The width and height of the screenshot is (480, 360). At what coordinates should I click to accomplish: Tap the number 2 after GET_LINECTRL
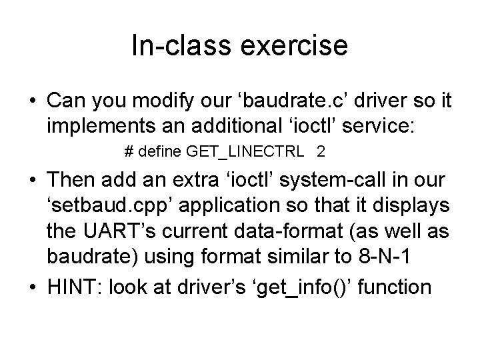(x=321, y=152)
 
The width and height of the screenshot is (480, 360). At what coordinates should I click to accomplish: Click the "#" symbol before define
(x=129, y=152)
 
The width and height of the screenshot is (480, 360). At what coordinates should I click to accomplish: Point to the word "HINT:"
(x=74, y=287)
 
